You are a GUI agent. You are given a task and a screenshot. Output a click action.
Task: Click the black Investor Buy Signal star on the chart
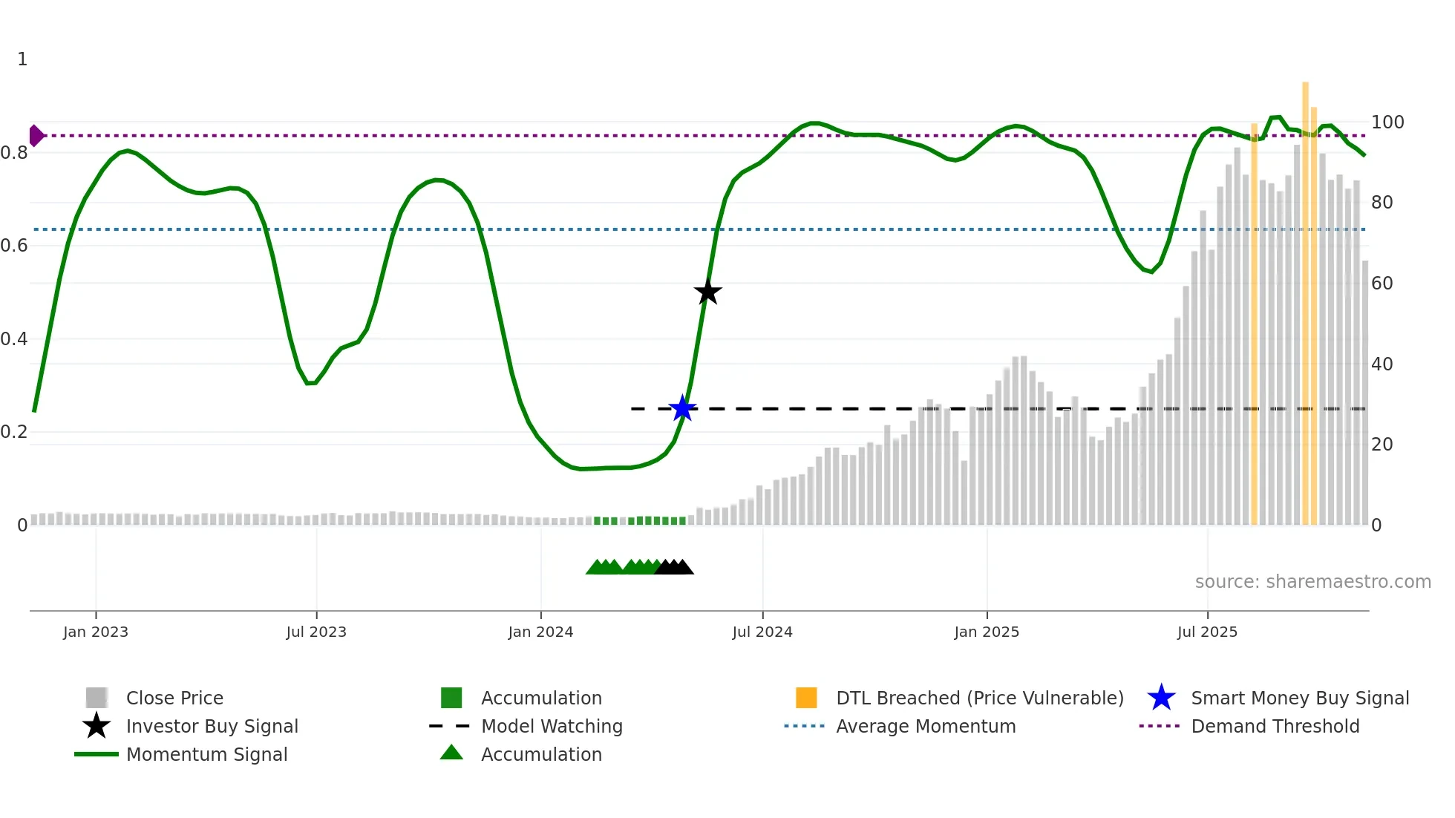pos(707,292)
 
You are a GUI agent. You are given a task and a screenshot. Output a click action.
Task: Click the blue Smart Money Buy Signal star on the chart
pos(682,408)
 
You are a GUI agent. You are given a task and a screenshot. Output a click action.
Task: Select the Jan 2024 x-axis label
pos(540,632)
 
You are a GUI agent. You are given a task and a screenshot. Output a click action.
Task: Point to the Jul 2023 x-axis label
pos(316,632)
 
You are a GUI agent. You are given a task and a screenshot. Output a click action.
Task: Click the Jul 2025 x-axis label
pos(1207,632)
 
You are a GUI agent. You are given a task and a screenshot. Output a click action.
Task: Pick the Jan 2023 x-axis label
pos(96,632)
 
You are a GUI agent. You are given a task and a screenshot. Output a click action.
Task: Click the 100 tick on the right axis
pos(1387,122)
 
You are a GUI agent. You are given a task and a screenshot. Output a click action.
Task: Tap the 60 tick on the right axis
pos(1382,284)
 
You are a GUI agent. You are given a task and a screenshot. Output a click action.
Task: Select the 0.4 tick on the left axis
pos(14,339)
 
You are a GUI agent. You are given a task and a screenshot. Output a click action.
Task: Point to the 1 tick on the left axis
pos(22,59)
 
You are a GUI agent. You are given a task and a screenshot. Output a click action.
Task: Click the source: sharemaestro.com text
pos(1312,582)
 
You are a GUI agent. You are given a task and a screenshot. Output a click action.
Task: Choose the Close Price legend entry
pos(174,698)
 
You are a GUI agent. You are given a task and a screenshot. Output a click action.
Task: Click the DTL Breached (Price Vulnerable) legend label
pos(979,698)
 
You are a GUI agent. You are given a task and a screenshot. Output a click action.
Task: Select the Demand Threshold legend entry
pos(1275,726)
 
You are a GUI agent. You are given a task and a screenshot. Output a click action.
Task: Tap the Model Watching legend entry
pos(552,726)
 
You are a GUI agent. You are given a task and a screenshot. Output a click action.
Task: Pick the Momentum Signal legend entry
pos(206,754)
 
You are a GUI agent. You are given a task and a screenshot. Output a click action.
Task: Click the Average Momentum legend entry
pos(925,726)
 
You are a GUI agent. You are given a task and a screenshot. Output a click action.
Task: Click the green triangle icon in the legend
pos(451,753)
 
